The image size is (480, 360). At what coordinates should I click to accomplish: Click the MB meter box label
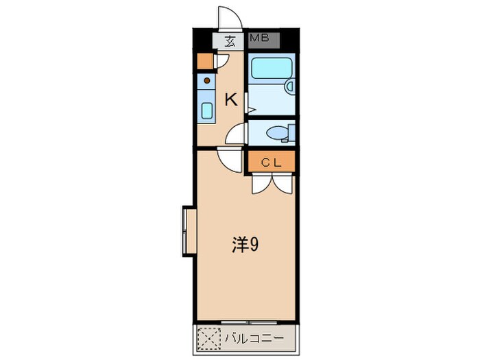tap(260, 38)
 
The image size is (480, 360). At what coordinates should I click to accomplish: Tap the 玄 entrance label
tap(230, 41)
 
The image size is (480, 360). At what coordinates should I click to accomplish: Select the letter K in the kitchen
tap(231, 99)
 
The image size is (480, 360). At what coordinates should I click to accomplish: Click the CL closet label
tap(272, 163)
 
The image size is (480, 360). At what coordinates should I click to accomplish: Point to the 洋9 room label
tap(245, 245)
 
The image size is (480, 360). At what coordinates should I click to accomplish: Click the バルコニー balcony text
tap(254, 338)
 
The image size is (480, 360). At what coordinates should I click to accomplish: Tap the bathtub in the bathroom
tap(272, 69)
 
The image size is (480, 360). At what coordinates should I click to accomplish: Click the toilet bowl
tap(277, 133)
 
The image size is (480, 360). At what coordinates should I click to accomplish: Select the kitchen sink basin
tap(207, 110)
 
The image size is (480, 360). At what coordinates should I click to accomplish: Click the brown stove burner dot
tap(207, 80)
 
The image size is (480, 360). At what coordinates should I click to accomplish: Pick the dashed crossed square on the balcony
tap(209, 338)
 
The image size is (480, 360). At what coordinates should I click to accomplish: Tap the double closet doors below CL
tap(272, 183)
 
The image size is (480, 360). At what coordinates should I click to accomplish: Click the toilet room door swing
tap(235, 133)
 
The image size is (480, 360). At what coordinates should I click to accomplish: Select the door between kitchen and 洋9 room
tap(230, 160)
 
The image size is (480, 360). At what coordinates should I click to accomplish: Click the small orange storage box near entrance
tap(205, 61)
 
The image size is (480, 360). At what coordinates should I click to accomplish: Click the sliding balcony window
tap(249, 322)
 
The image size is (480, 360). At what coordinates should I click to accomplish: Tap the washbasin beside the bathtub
tap(289, 86)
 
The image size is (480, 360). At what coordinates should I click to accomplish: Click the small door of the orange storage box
tap(221, 61)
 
